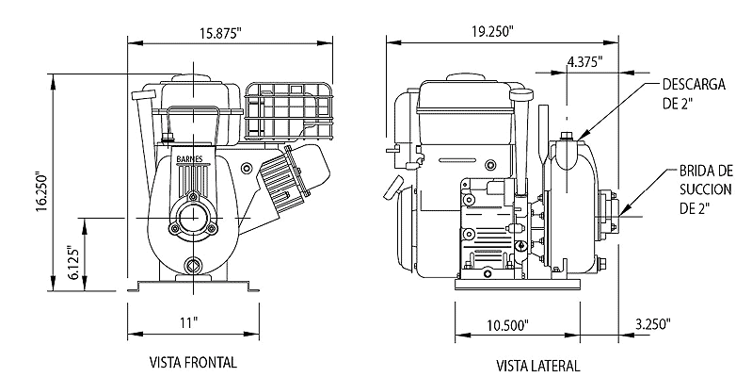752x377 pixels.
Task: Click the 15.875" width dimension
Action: (x=220, y=33)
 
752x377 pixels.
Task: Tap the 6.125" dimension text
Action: (x=72, y=263)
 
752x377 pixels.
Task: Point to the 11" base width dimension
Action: (x=189, y=322)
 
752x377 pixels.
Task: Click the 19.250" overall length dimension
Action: (x=492, y=31)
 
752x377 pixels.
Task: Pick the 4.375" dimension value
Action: (x=584, y=62)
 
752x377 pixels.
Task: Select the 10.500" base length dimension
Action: (x=508, y=325)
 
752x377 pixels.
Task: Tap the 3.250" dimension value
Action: (x=653, y=323)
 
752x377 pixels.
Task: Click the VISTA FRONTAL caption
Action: (x=193, y=362)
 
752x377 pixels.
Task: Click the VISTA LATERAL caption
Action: (x=537, y=366)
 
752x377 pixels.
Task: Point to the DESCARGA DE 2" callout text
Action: (x=694, y=93)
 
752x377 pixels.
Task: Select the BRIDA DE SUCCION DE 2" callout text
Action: (x=706, y=189)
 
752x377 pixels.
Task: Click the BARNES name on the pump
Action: (x=189, y=159)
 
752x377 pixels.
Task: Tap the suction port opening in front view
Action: (x=193, y=218)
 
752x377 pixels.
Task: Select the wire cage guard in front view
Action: (x=288, y=111)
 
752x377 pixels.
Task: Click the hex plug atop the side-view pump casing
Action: (x=567, y=136)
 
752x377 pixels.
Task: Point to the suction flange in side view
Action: (x=608, y=215)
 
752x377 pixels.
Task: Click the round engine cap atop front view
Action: (x=194, y=78)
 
